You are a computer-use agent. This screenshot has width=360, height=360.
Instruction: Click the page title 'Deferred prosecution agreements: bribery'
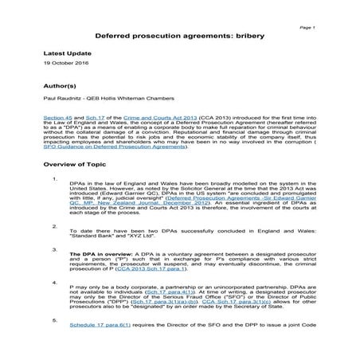(180, 36)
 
